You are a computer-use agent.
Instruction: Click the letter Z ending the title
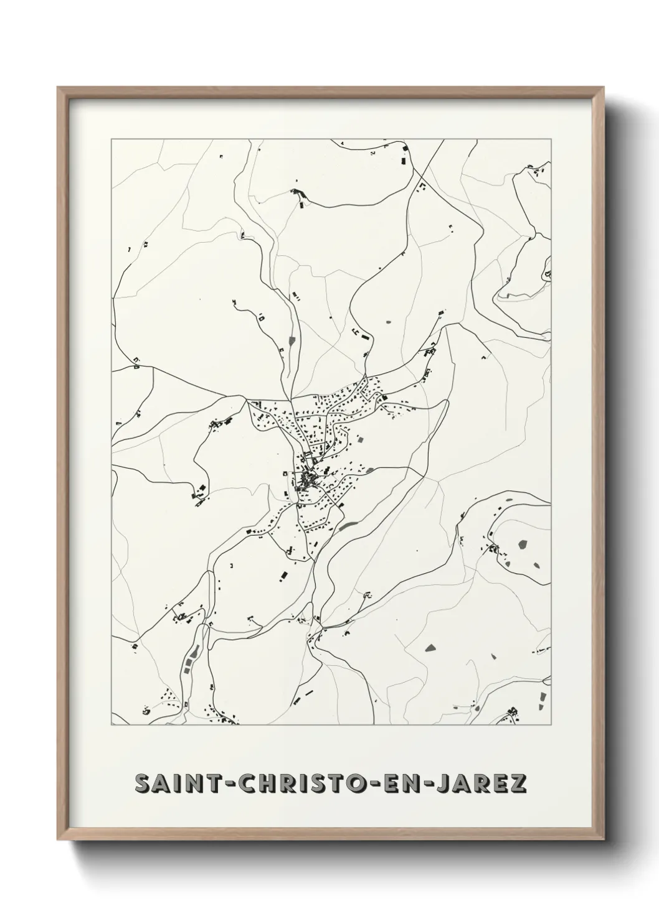point(518,784)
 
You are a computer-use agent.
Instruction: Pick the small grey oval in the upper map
point(389,322)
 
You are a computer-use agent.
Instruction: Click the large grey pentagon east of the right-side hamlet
point(522,545)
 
